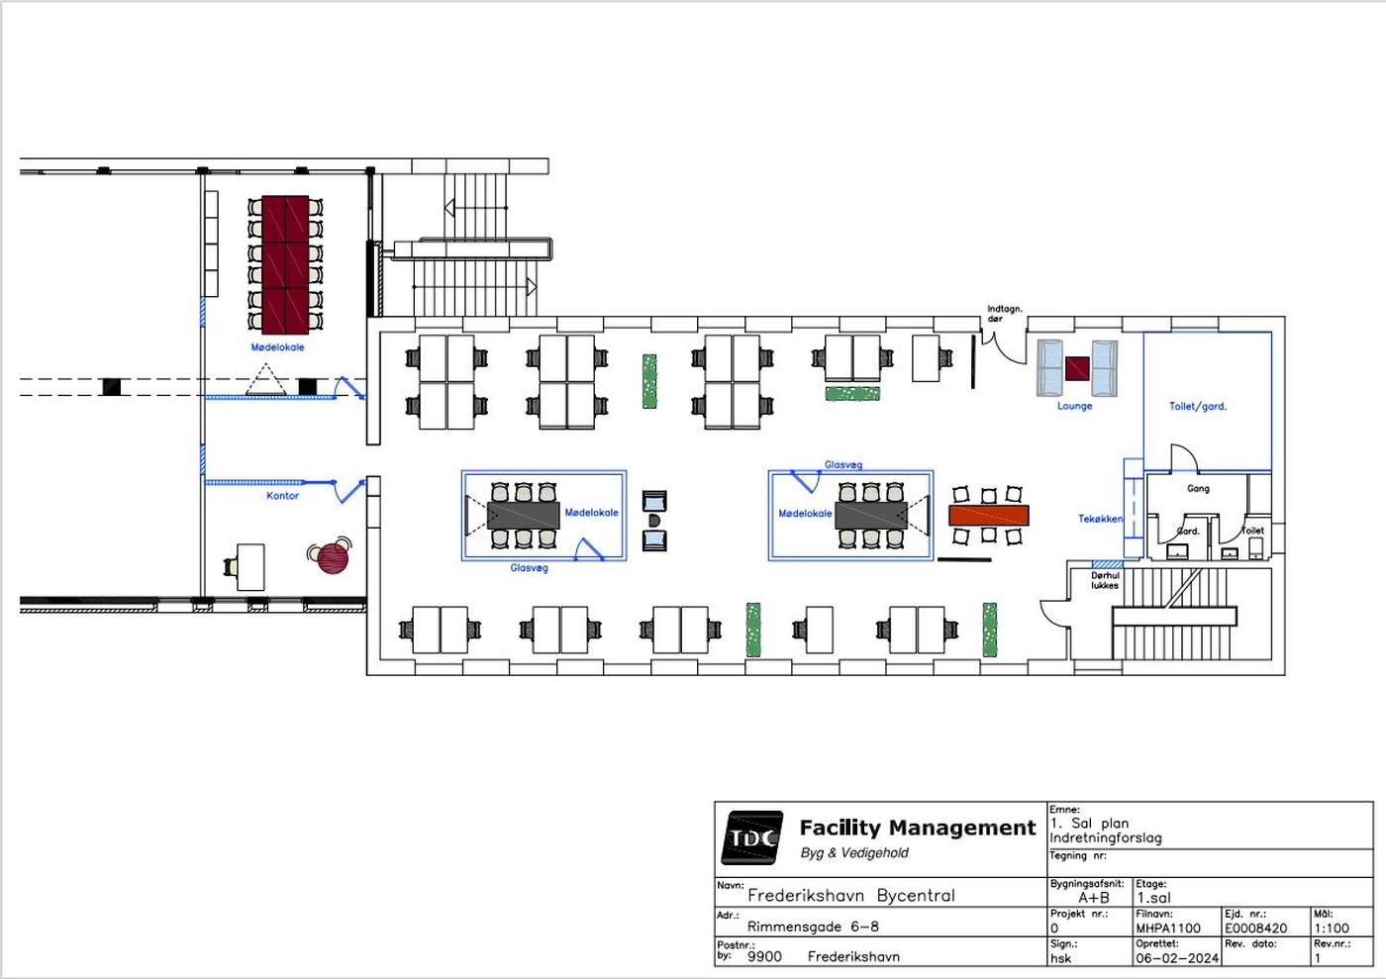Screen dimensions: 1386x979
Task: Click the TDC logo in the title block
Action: click(751, 837)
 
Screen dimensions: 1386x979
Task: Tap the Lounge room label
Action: click(1074, 406)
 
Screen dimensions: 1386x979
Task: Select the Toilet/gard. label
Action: click(1197, 407)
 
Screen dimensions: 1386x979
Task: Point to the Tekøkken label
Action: click(1100, 519)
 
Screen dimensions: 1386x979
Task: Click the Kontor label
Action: click(282, 496)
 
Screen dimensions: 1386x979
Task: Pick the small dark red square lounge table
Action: click(1077, 369)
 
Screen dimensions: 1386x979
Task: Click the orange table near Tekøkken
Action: click(989, 516)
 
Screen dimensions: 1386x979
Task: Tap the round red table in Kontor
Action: click(333, 557)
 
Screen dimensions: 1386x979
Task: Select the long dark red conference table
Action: click(285, 265)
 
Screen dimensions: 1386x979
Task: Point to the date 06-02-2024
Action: click(1177, 958)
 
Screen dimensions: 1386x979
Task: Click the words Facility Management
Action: click(918, 828)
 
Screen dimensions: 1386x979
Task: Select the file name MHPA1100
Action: click(1167, 928)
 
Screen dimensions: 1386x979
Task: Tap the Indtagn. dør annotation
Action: click(1004, 313)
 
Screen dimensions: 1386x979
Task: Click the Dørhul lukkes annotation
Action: click(1105, 580)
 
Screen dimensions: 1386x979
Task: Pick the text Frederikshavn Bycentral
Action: click(851, 896)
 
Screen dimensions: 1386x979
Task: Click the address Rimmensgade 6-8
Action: click(813, 927)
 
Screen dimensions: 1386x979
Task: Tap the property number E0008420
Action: click(1255, 928)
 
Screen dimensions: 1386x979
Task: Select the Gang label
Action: click(1198, 488)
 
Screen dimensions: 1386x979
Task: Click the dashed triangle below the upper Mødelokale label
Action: click(266, 379)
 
